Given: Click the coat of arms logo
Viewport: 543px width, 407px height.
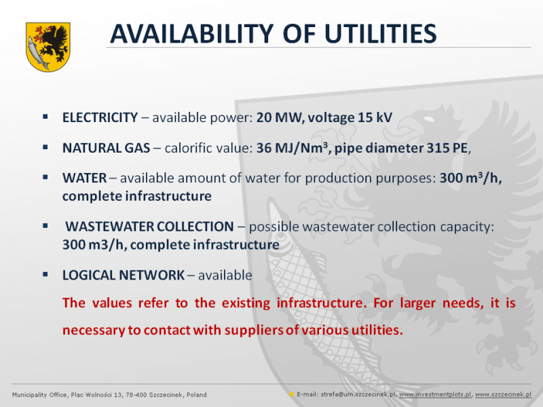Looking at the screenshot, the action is point(48,47).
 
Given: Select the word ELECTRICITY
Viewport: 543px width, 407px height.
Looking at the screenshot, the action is point(100,117).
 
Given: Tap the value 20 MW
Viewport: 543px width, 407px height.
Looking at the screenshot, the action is point(280,117).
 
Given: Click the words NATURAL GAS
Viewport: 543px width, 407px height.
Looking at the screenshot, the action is point(107,148).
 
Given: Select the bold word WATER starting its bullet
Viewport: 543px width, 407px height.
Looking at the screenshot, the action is point(84,178).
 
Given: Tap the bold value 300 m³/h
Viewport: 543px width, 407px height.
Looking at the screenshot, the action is point(469,178).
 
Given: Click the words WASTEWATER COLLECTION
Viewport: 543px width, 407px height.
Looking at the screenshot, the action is point(149,227).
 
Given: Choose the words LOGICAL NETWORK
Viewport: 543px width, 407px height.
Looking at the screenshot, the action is point(124,275).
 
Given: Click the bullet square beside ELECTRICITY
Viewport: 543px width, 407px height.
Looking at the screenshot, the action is point(45,117).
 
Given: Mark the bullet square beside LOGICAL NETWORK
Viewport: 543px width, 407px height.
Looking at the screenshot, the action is point(45,275).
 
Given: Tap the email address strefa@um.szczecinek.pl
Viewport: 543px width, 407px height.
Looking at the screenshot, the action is point(358,395).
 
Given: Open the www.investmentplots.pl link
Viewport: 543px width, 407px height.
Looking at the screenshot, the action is point(435,395).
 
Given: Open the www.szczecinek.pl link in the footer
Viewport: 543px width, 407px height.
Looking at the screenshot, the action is point(503,395).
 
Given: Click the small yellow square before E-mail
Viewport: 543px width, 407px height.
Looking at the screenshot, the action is point(292,394).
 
